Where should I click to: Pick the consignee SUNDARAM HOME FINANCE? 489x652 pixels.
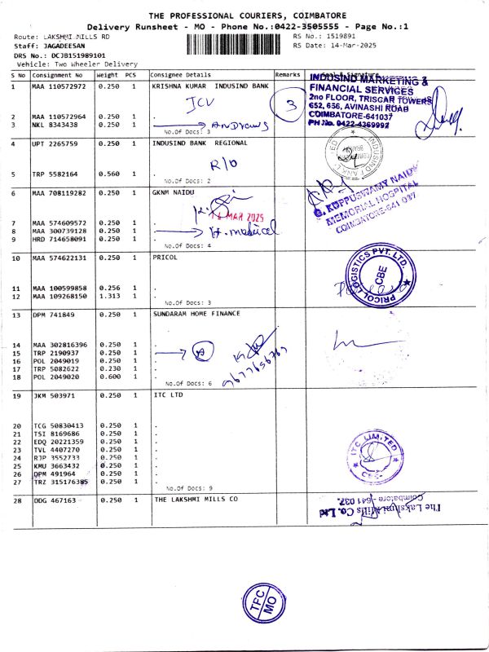coord(196,312)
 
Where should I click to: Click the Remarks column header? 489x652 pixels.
coord(288,74)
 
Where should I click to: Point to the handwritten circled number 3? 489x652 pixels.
coord(289,106)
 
